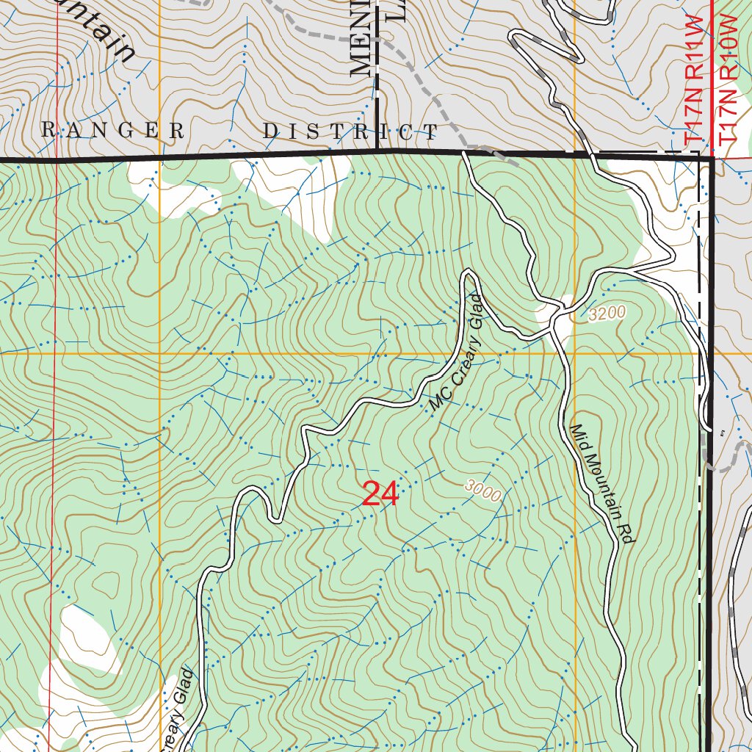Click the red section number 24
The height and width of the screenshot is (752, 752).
[x=380, y=494]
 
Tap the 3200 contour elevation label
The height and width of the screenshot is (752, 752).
[x=607, y=314]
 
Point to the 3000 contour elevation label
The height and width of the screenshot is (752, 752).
[x=482, y=491]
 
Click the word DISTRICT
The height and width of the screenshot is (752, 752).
[x=350, y=131]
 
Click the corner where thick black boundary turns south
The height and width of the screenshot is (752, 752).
[x=712, y=157]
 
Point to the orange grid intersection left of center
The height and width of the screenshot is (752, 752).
[x=160, y=353]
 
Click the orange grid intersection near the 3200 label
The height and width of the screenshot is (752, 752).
[x=575, y=353]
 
